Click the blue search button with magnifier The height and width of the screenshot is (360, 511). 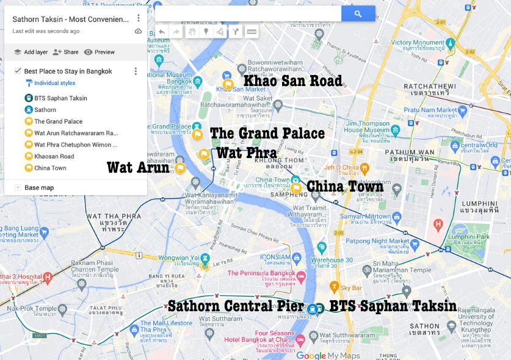358,13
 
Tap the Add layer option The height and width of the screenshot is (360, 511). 31,52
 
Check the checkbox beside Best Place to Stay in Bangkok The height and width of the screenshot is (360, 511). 18,71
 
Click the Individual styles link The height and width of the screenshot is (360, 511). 54,83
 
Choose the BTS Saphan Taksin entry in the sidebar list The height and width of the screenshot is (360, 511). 60,98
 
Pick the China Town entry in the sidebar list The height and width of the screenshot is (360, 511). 50,168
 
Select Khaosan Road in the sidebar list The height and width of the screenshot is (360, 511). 54,156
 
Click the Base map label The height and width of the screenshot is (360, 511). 39,187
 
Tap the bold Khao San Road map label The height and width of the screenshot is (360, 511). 293,81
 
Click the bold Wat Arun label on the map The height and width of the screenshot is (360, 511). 137,167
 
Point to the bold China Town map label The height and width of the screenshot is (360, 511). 345,186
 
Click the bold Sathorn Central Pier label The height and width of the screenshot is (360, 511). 236,305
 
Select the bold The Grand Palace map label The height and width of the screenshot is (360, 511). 267,133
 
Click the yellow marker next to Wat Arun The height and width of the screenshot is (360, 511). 180,168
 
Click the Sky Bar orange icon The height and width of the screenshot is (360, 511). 334,286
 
